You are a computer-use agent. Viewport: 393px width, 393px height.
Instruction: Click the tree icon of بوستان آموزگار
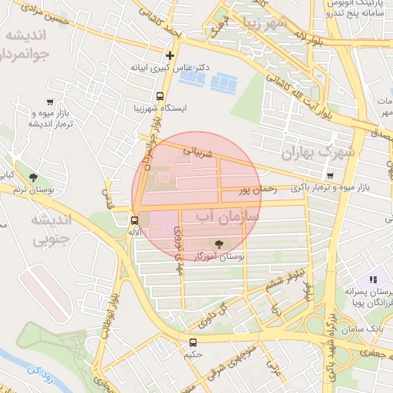click(220, 245)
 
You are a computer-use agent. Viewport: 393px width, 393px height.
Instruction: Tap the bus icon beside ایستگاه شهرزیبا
click(160, 97)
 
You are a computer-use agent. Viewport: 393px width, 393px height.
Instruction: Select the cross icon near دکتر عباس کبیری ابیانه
click(170, 55)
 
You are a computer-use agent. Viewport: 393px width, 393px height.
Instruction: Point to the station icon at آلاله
click(135, 220)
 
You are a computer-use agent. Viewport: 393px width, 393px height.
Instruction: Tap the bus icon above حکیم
click(192, 343)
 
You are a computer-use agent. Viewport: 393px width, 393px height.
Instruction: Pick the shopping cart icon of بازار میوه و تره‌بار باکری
click(329, 176)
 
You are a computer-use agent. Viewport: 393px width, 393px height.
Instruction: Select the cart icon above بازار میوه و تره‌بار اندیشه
click(50, 102)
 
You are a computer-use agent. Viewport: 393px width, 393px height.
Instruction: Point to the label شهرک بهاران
click(319, 151)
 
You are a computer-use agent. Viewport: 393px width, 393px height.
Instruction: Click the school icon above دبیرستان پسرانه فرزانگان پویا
click(372, 280)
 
